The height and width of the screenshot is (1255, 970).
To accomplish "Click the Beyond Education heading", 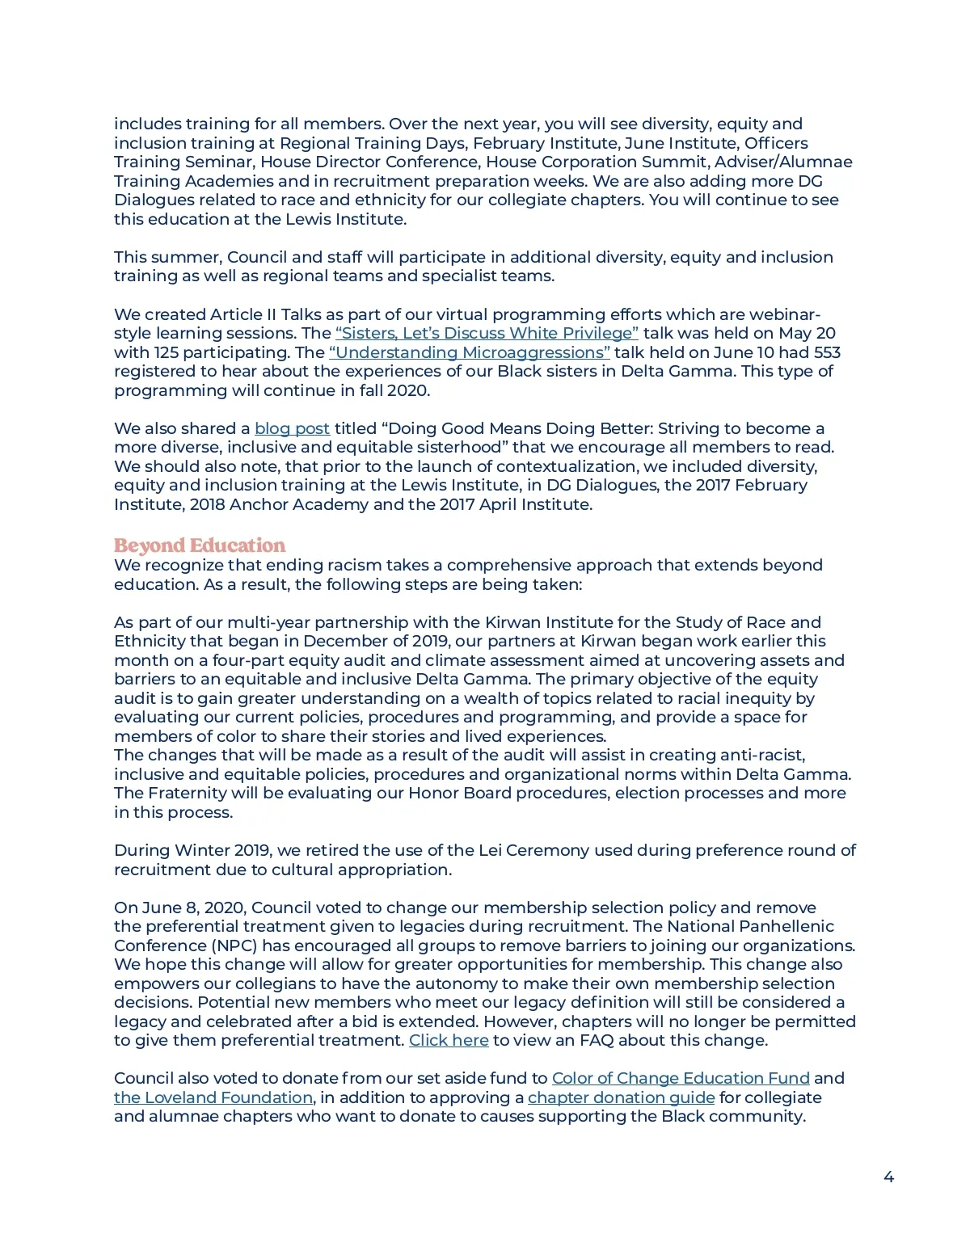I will coord(200,545).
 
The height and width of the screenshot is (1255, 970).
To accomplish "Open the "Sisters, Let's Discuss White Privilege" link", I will coord(487,333).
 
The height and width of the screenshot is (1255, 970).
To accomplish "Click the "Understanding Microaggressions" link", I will coord(469,352).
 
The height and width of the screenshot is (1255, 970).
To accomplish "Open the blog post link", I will coord(292,428).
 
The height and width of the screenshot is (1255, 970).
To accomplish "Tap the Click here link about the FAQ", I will coord(449,1040).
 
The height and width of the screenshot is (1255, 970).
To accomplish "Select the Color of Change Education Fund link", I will coord(681,1078).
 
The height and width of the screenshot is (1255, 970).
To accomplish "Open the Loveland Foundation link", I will coord(213,1097).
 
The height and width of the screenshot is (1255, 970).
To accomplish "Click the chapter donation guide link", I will coord(621,1097).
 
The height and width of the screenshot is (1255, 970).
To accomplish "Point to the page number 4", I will coord(888,1177).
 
